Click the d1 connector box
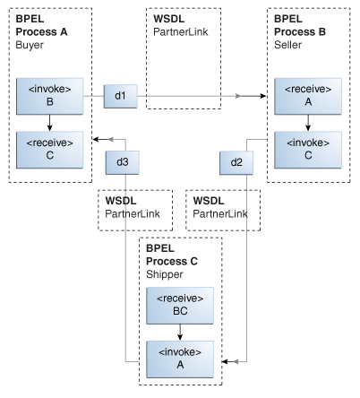point(120,94)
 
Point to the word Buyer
point(30,43)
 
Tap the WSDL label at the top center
point(169,17)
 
